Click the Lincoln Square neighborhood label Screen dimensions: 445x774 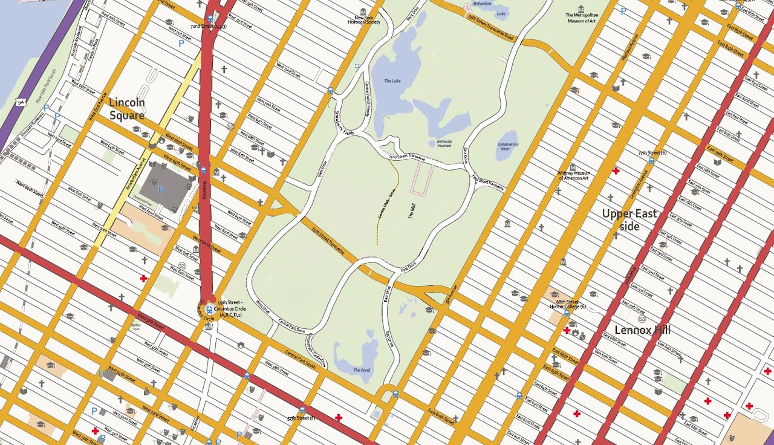pyautogui.click(x=126, y=109)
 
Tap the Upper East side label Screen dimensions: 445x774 pyautogui.click(x=629, y=220)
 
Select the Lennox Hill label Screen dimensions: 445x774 pyautogui.click(x=642, y=330)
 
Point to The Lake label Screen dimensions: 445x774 pyautogui.click(x=392, y=81)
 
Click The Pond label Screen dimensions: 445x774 pyautogui.click(x=361, y=370)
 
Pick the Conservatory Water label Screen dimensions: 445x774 pyautogui.click(x=508, y=146)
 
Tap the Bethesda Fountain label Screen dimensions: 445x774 pyautogui.click(x=444, y=144)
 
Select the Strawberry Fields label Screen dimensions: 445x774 pyautogui.click(x=345, y=122)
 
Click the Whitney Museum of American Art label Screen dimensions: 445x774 pyautogui.click(x=574, y=175)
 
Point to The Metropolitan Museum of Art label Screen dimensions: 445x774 pyautogui.click(x=582, y=18)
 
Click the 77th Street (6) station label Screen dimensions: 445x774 pyautogui.click(x=651, y=153)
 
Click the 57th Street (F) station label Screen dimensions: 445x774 pyautogui.click(x=302, y=418)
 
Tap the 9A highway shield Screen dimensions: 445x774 pyautogui.click(x=21, y=102)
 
